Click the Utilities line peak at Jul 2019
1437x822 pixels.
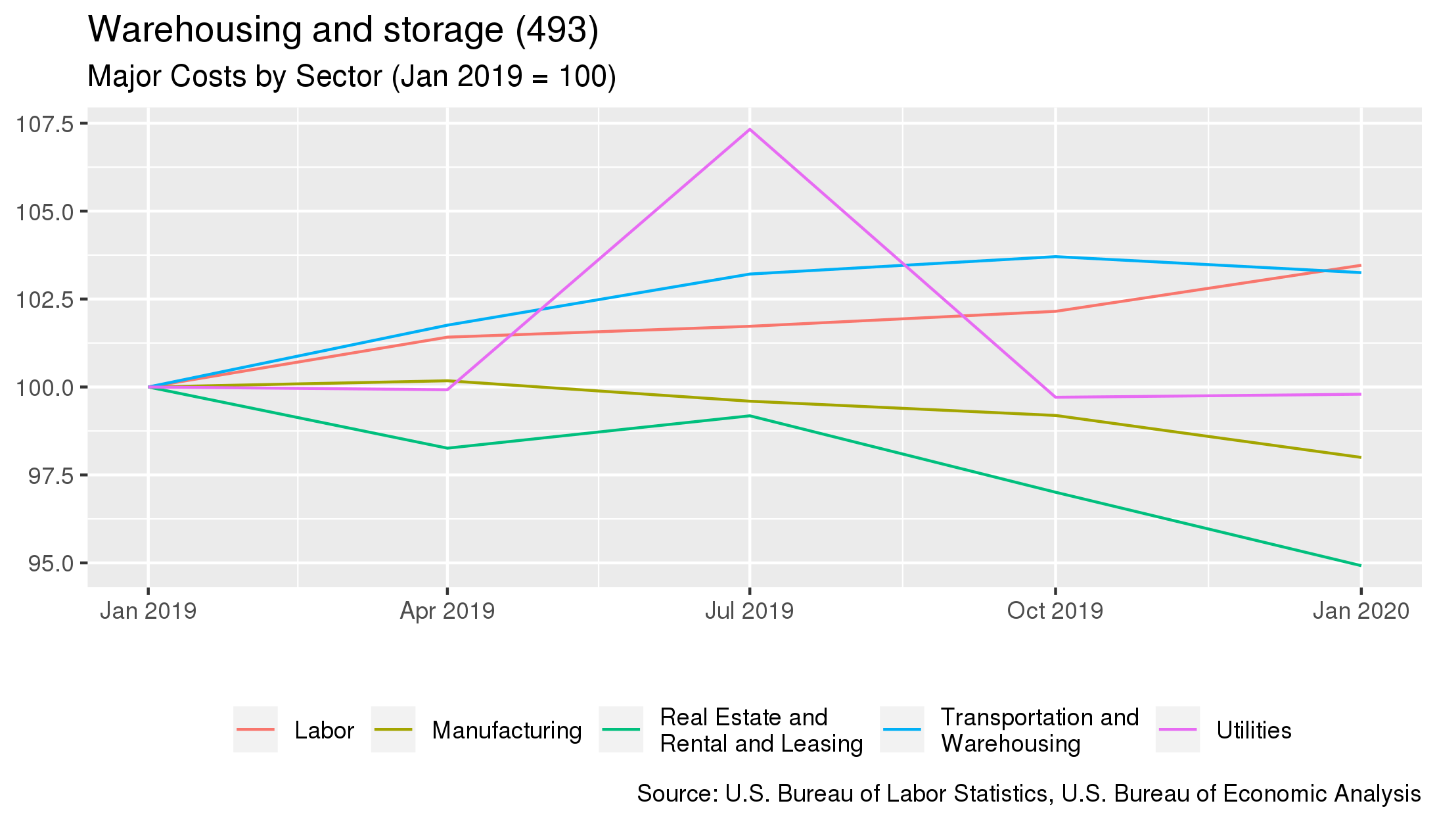pyautogui.click(x=750, y=130)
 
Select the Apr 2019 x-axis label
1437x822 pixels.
pyautogui.click(x=447, y=611)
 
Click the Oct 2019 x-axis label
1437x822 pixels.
pyautogui.click(x=1055, y=611)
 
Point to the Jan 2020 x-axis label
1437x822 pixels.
pyautogui.click(x=1361, y=611)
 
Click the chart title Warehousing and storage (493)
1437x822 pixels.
pyautogui.click(x=343, y=30)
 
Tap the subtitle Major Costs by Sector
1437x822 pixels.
pyautogui.click(x=352, y=76)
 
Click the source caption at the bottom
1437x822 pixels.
pyautogui.click(x=1028, y=793)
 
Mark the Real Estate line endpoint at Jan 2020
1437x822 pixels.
pyautogui.click(x=1360, y=566)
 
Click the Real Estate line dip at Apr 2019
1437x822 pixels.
pyautogui.click(x=447, y=448)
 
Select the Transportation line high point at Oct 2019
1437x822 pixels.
pyautogui.click(x=1055, y=256)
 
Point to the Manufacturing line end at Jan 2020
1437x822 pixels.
pyautogui.click(x=1360, y=457)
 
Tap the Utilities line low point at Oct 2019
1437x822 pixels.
pyautogui.click(x=1055, y=397)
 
